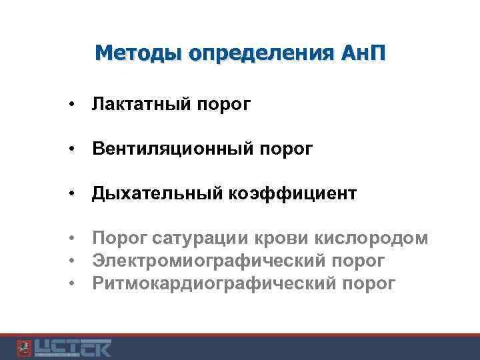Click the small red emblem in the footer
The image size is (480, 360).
point(23,348)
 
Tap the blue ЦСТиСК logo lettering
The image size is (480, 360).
point(73,348)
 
